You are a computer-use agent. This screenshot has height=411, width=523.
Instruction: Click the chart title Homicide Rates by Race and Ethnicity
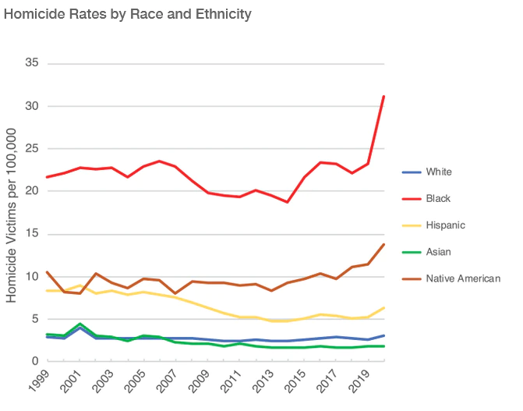click(x=128, y=14)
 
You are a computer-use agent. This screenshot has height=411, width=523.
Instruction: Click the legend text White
click(x=440, y=172)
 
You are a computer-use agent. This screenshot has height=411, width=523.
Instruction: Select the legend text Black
click(x=439, y=199)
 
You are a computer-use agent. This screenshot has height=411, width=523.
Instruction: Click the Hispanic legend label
click(x=446, y=225)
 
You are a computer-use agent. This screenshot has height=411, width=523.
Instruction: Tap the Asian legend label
click(x=440, y=252)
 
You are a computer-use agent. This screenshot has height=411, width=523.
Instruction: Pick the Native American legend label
click(x=463, y=278)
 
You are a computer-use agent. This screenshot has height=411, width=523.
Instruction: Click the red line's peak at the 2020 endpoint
click(x=384, y=97)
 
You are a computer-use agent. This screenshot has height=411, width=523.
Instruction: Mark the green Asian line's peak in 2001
click(x=80, y=324)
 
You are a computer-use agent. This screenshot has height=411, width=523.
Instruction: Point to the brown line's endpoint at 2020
click(x=384, y=244)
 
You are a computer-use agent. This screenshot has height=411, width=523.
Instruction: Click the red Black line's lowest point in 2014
click(x=288, y=202)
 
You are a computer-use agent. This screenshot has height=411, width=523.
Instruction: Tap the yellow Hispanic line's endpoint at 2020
click(x=384, y=308)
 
